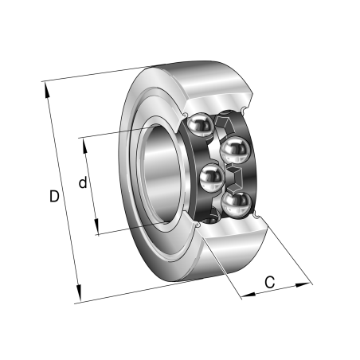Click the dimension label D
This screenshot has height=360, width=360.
(x=53, y=195)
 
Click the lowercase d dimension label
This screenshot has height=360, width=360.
(x=82, y=183)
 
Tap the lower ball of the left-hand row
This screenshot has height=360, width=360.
(x=210, y=178)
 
